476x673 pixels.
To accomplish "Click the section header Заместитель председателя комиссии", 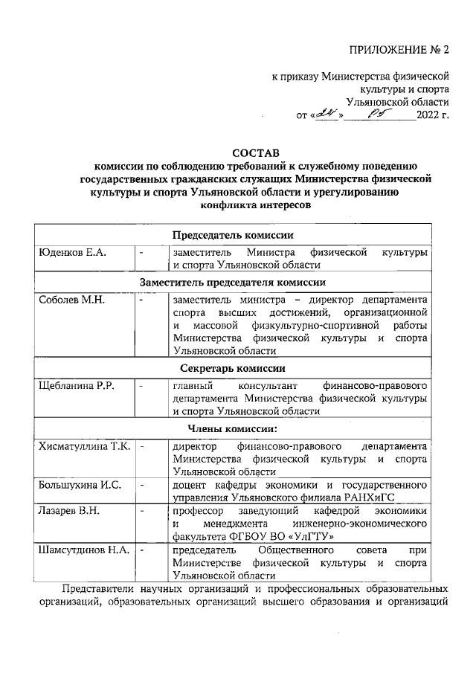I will tap(233, 283).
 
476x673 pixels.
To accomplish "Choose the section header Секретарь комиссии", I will tap(233, 367).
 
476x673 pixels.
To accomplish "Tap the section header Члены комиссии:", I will tap(233, 428).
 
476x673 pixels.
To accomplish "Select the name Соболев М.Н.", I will tap(72, 300).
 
